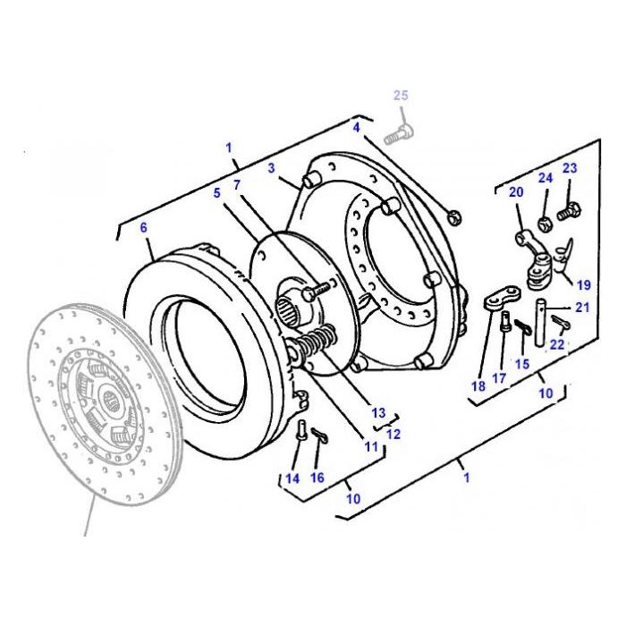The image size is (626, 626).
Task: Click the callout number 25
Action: pyautogui.click(x=400, y=96)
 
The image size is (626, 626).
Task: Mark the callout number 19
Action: pyautogui.click(x=583, y=286)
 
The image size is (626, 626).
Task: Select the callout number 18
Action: pyautogui.click(x=478, y=385)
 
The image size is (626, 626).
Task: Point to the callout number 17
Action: pyautogui.click(x=499, y=378)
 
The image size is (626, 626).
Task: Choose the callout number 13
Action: pyautogui.click(x=378, y=413)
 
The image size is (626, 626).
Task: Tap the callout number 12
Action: pyautogui.click(x=393, y=434)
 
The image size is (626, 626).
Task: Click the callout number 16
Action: pyautogui.click(x=317, y=478)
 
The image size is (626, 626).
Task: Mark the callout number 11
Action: pyautogui.click(x=370, y=444)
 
